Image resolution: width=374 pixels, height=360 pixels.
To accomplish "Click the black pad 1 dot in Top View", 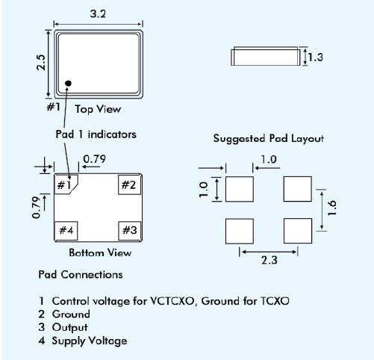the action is point(68,84).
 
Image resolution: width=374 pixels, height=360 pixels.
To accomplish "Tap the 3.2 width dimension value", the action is point(98,13).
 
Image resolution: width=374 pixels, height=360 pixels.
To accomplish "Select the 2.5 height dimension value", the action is point(41,63).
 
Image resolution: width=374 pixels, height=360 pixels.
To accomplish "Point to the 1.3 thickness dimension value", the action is point(316,58).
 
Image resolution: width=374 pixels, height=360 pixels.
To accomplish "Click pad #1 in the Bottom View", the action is point(65,184).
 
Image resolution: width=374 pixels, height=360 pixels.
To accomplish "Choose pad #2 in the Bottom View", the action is point(129,184).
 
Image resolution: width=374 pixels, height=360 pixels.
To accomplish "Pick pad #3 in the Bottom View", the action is point(129,230).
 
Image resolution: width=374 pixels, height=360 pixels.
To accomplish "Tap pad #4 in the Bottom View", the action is point(66,230).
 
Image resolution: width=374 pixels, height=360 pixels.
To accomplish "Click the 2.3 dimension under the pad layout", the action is point(269,260).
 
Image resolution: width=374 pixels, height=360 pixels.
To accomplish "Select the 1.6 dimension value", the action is point(331,208).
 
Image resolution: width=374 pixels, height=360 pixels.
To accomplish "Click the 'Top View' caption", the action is point(98,109).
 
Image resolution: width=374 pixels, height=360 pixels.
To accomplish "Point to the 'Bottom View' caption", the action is point(100,252).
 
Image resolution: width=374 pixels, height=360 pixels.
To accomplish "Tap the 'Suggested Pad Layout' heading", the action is point(269,139).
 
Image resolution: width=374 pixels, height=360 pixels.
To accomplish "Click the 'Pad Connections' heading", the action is point(81,275).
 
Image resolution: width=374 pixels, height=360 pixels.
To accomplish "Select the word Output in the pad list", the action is point(70,327).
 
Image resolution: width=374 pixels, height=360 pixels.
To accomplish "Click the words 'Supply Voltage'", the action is point(90,341).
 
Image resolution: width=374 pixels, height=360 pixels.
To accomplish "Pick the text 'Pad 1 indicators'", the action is point(96,134).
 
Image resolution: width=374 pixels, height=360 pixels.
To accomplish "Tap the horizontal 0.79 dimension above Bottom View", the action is point(94,159).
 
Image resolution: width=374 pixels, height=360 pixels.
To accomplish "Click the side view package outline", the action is point(266,56).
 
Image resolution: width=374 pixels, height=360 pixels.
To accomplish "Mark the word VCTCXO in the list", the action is point(172,301).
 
